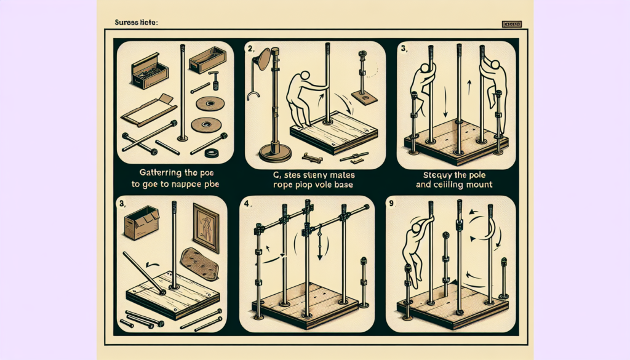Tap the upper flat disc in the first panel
209,103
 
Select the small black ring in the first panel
213,153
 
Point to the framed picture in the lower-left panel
206,228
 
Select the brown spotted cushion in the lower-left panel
202,264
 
